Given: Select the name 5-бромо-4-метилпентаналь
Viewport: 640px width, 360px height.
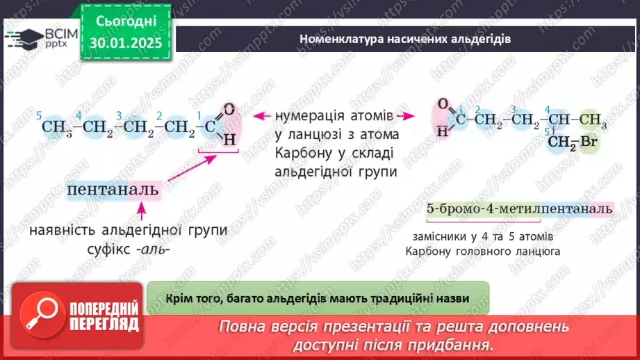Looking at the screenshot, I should point(519,208).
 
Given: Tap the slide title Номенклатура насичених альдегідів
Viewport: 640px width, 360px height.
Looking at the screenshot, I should point(405,39).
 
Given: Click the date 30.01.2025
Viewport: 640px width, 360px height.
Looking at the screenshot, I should point(126,42).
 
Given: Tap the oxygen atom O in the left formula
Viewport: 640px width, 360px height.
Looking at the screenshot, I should point(229,110).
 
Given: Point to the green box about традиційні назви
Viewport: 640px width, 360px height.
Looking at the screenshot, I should point(318,298).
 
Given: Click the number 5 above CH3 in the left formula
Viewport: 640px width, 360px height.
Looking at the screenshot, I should point(40,115).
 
